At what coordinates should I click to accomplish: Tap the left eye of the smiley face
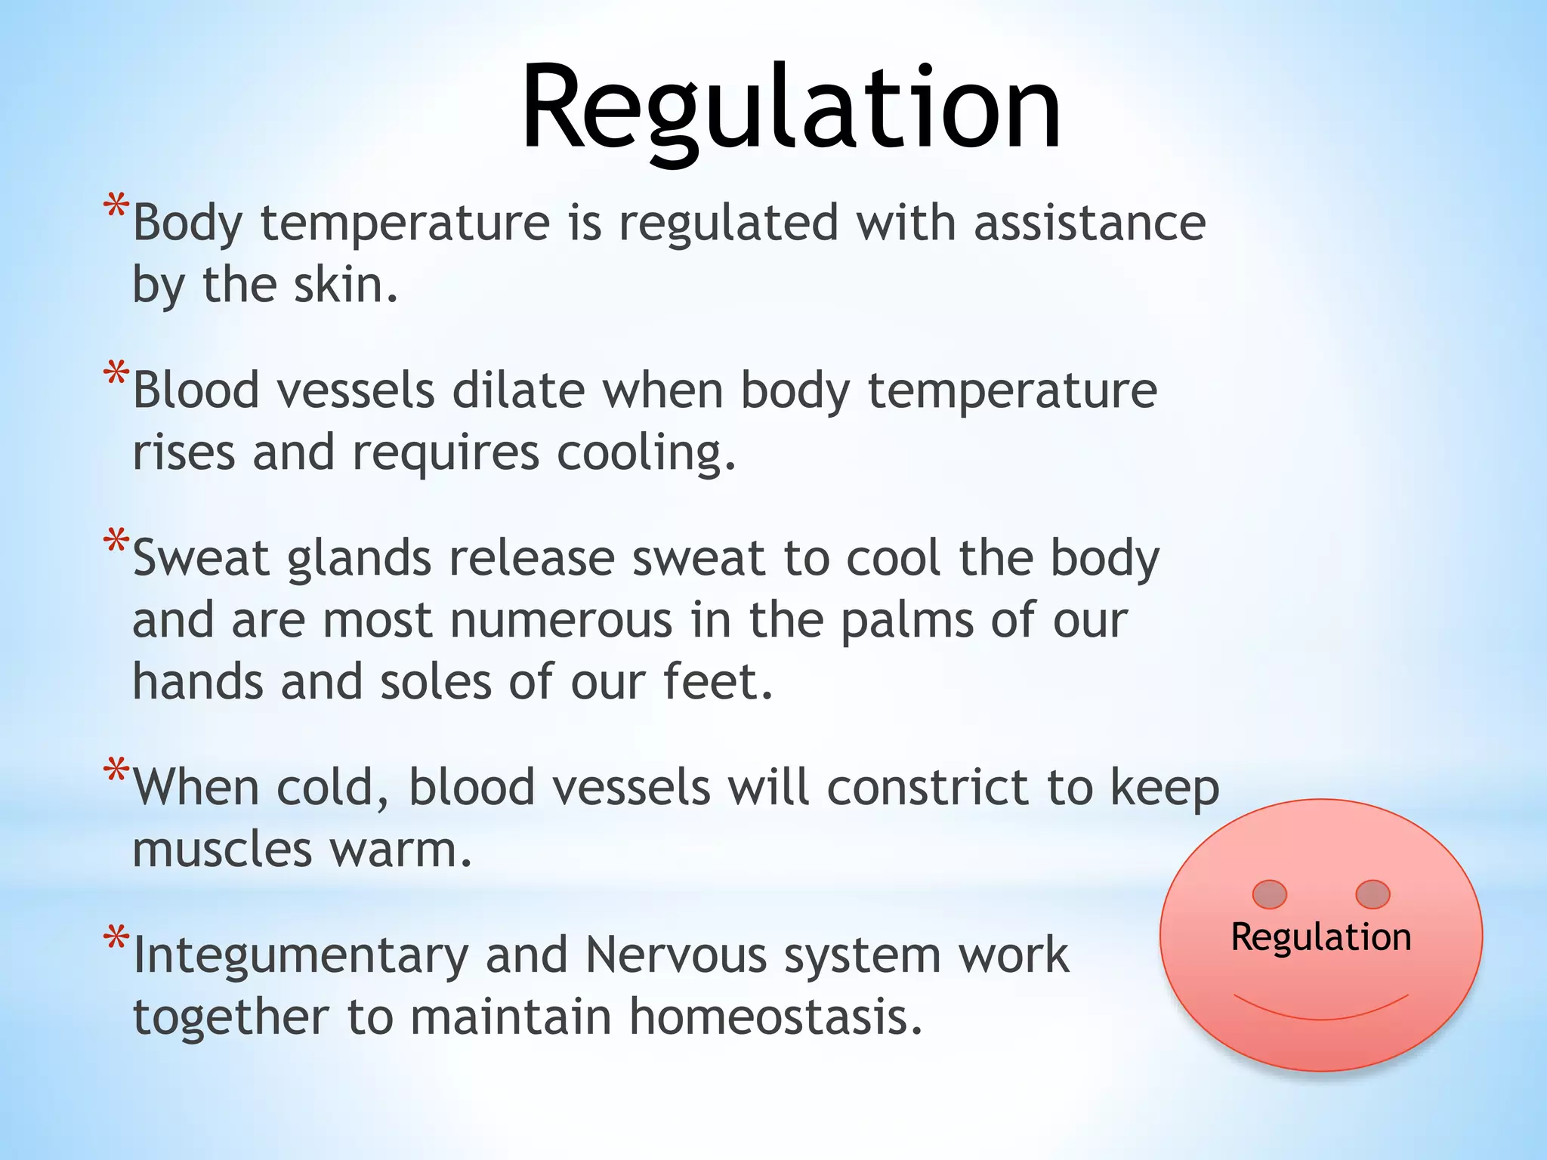point(1269,894)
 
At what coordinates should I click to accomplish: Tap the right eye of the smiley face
point(1373,894)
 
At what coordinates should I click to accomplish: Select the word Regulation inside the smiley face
point(1320,937)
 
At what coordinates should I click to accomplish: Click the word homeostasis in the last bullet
point(776,1017)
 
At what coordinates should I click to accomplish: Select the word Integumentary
point(300,956)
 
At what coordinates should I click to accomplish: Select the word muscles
point(222,850)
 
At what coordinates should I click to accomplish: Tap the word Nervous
point(675,955)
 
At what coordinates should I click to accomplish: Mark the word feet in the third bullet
point(718,681)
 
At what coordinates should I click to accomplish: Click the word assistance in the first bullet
point(1089,224)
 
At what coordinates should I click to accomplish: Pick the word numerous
point(560,621)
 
